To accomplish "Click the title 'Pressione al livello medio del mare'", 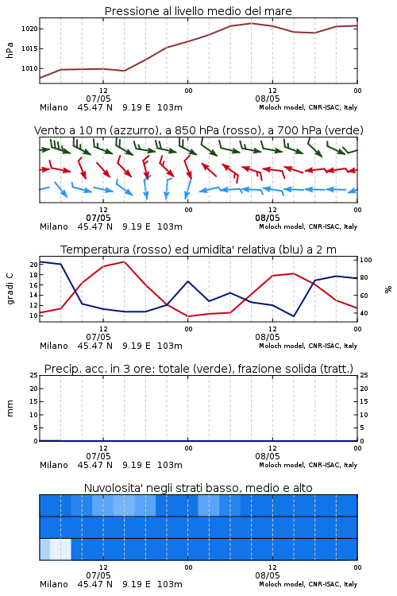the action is coord(198,11).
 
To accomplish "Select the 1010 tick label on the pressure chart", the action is coord(29,69).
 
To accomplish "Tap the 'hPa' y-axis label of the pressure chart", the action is coord(10,50).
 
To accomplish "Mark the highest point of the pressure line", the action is coord(251,23).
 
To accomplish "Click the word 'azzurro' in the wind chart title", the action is coord(133,130).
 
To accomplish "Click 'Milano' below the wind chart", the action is coord(53,226).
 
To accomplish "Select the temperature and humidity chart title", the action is coord(198,250).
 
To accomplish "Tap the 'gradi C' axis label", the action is coord(10,288).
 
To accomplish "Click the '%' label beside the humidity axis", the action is coord(388,289).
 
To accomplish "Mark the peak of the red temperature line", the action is coord(124,261).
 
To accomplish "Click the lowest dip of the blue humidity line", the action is coord(293,315).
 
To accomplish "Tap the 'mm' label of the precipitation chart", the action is coord(10,408).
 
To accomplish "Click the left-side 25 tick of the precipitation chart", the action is coord(34,375).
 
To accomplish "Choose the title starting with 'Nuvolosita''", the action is coord(198,488).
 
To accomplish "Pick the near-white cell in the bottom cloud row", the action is coord(60,549).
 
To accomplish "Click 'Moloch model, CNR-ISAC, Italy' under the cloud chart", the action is coord(308,584).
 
